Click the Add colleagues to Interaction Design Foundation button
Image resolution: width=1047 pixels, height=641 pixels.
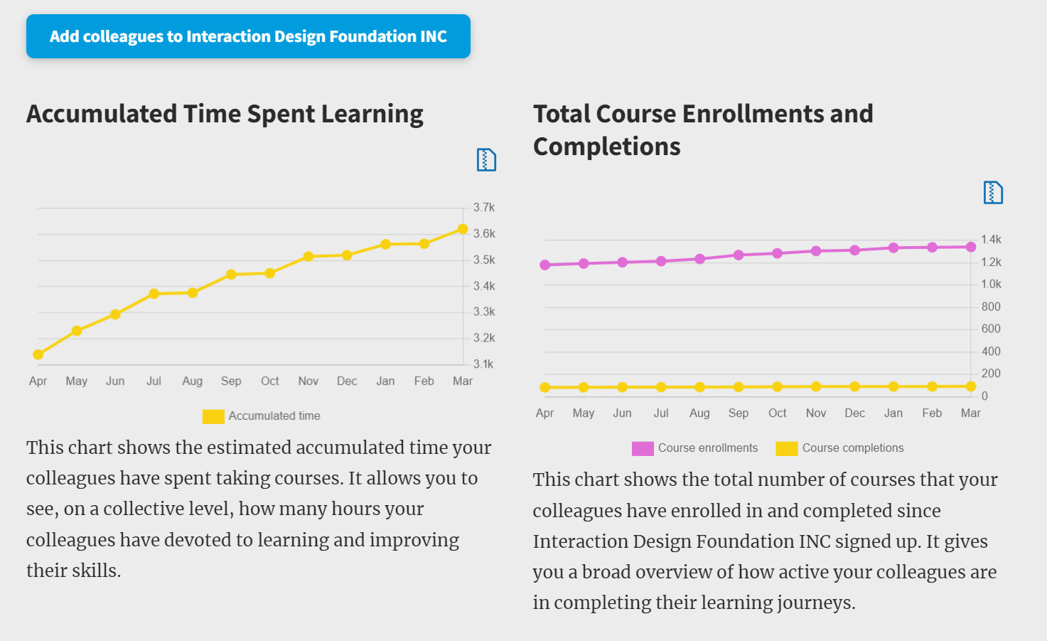pos(248,36)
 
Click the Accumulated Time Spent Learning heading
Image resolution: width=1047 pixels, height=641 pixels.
pos(225,114)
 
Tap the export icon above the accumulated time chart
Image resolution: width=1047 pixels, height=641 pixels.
pos(486,159)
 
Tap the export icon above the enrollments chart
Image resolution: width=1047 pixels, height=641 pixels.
pos(993,192)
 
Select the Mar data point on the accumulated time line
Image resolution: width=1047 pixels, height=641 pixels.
pos(463,229)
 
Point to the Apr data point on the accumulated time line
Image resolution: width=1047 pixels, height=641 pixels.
pos(38,354)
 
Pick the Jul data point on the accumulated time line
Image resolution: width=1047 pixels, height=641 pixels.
pos(154,294)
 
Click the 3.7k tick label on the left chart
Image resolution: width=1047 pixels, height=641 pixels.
pos(484,208)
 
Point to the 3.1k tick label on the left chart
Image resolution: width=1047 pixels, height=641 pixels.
pos(483,364)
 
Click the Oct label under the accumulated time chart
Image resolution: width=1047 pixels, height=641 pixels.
pos(270,381)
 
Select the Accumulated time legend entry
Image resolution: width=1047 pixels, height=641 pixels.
pos(262,416)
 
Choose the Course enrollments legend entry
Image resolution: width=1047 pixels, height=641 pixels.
pos(695,448)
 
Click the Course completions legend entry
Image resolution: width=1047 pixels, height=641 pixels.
pos(840,448)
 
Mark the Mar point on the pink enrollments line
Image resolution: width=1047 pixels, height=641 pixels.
pos(971,247)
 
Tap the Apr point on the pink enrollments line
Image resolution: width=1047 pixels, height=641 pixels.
pos(545,265)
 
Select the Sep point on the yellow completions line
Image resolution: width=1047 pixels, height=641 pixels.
pos(739,387)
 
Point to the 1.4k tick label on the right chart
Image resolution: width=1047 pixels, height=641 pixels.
pos(991,240)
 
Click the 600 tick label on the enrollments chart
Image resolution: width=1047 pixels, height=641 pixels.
pos(991,329)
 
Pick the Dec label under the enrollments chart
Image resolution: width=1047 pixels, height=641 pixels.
pos(854,413)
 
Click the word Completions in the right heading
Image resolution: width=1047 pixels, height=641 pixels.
pos(607,147)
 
